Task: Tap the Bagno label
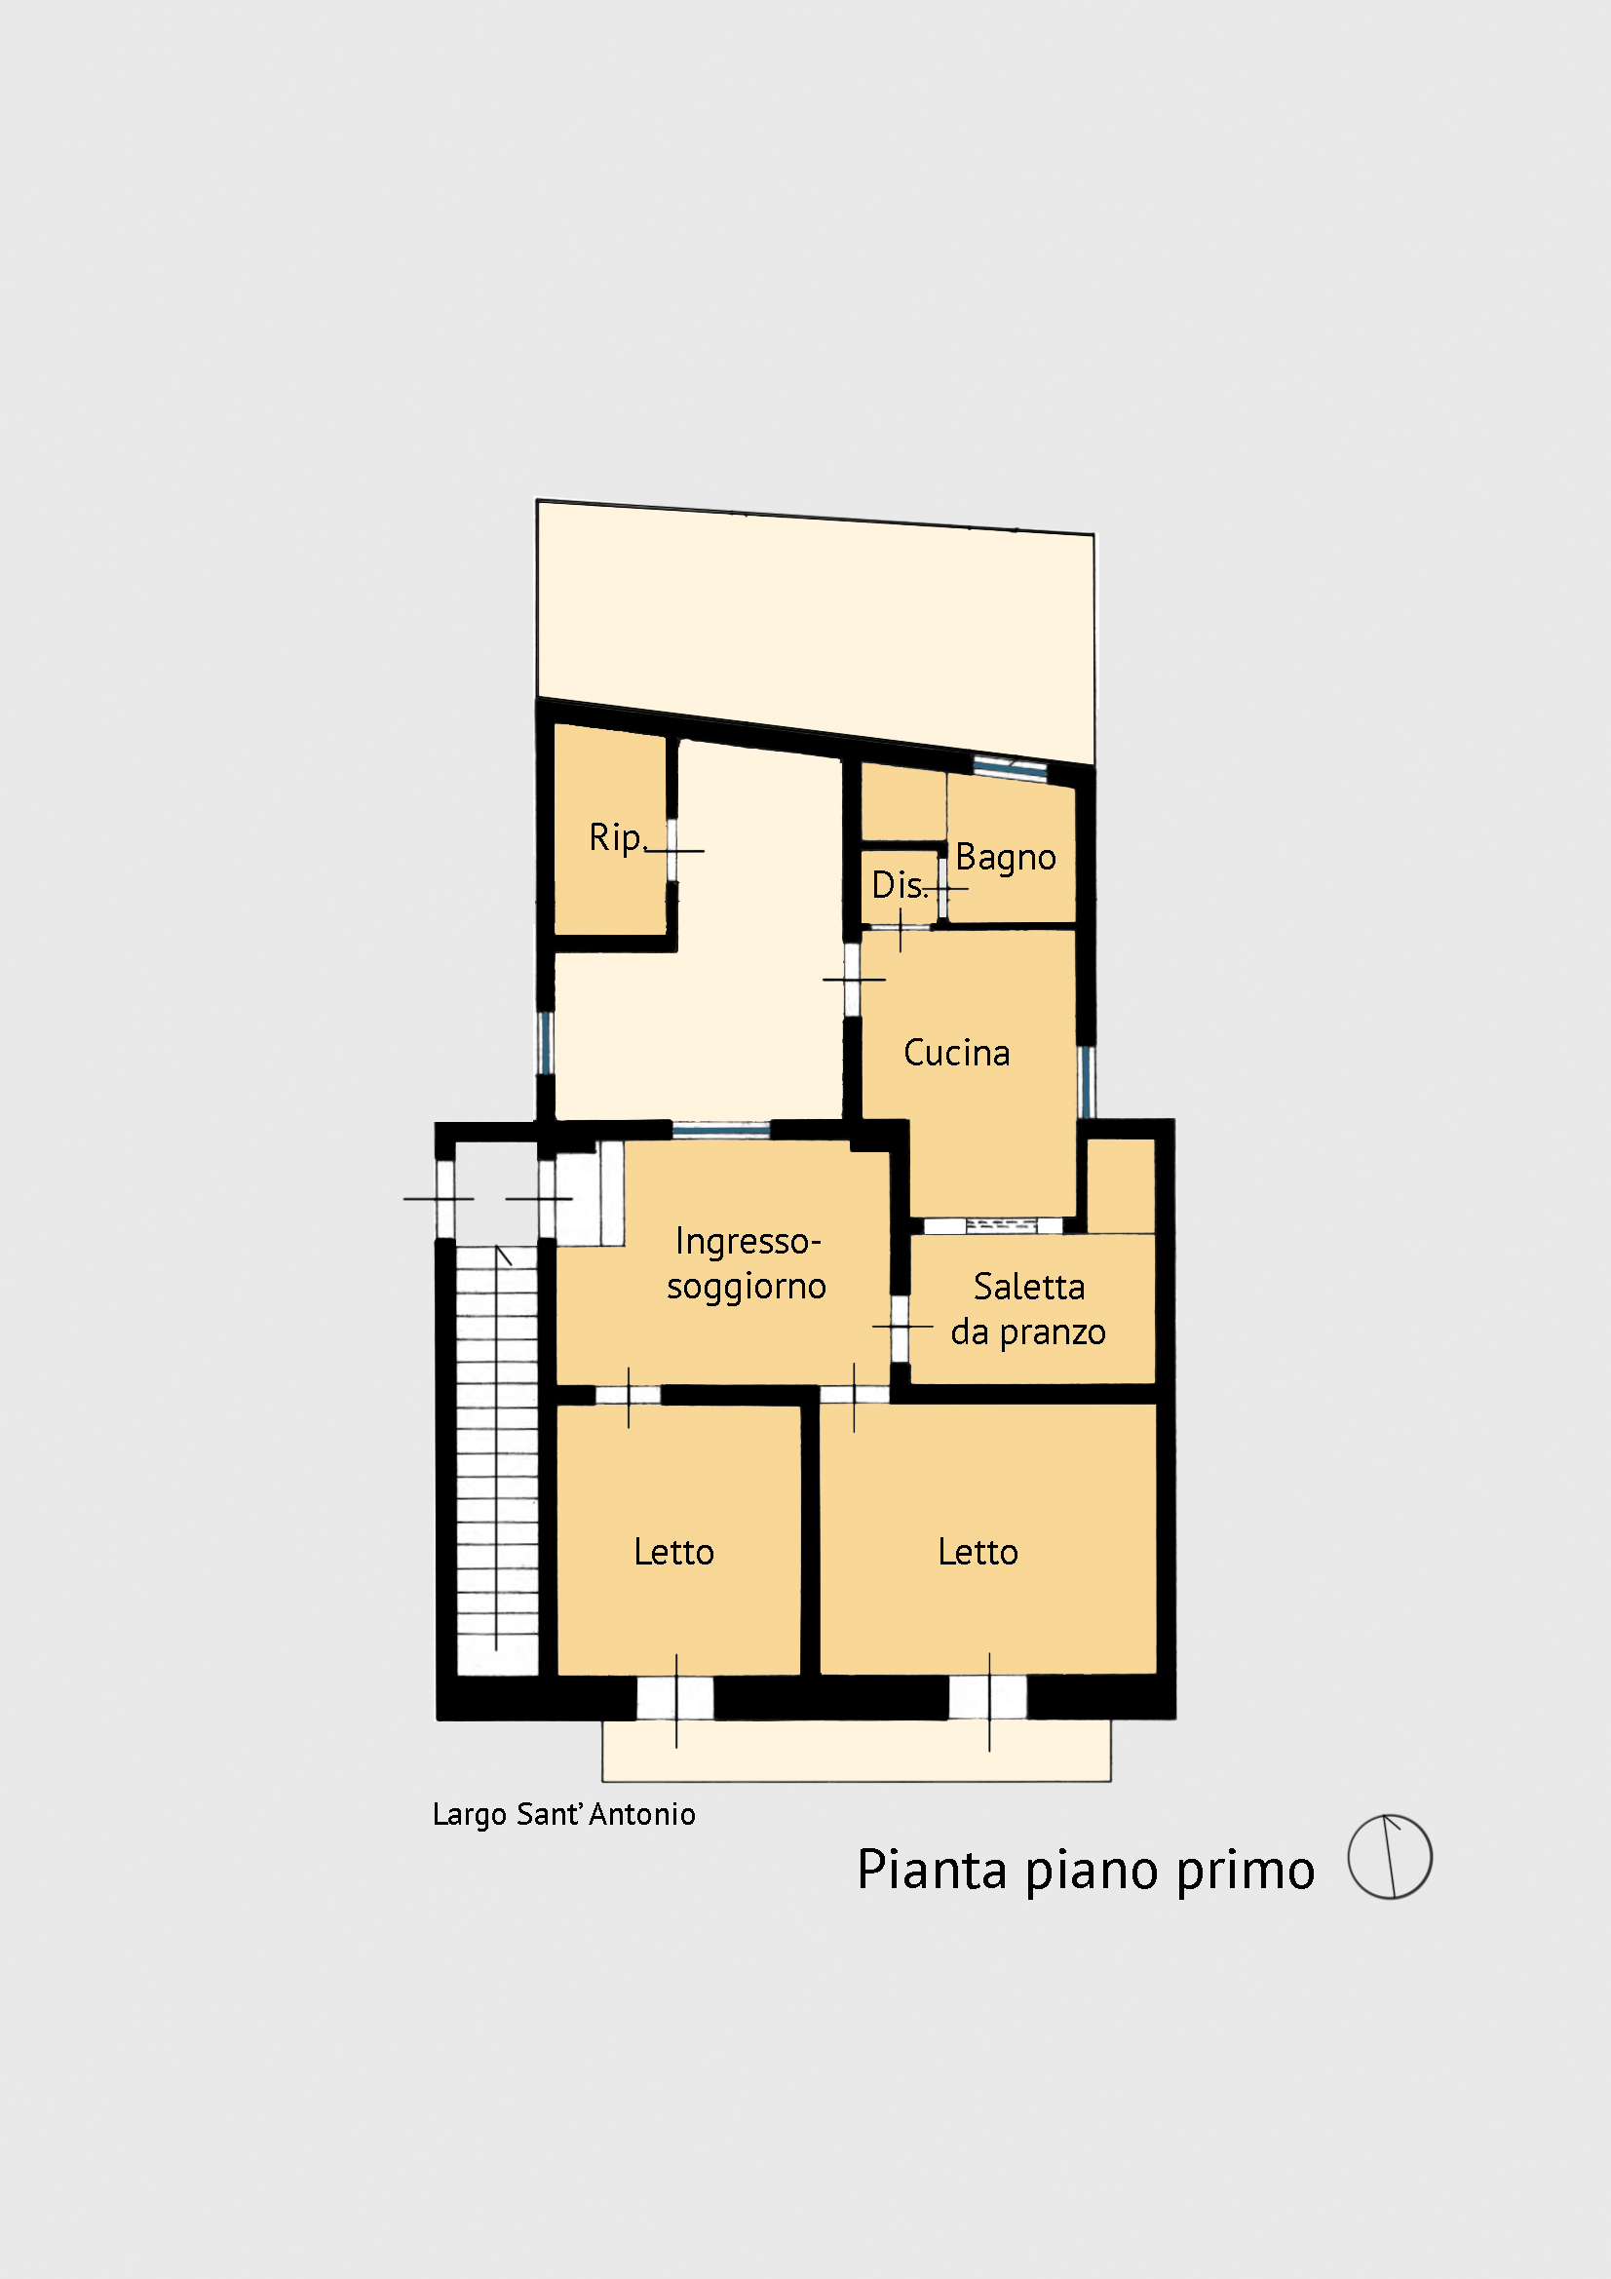click(x=1006, y=857)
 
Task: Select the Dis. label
click(x=900, y=884)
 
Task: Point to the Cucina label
click(x=957, y=1052)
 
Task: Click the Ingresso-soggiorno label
click(x=747, y=1263)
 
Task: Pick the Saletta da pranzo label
click(x=1028, y=1309)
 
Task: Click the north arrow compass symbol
click(x=1390, y=1857)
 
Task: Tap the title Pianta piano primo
click(x=1086, y=1871)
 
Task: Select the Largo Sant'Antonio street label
click(x=563, y=1814)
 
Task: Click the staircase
click(x=496, y=1460)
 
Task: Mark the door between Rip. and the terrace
click(x=672, y=850)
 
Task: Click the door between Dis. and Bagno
click(x=943, y=887)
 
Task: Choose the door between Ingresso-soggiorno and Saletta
click(x=901, y=1327)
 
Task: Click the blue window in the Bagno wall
click(x=1010, y=765)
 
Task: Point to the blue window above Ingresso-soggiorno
click(x=721, y=1130)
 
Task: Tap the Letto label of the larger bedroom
click(x=978, y=1553)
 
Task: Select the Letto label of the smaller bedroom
click(x=674, y=1553)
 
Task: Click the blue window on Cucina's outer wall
click(x=1087, y=1082)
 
